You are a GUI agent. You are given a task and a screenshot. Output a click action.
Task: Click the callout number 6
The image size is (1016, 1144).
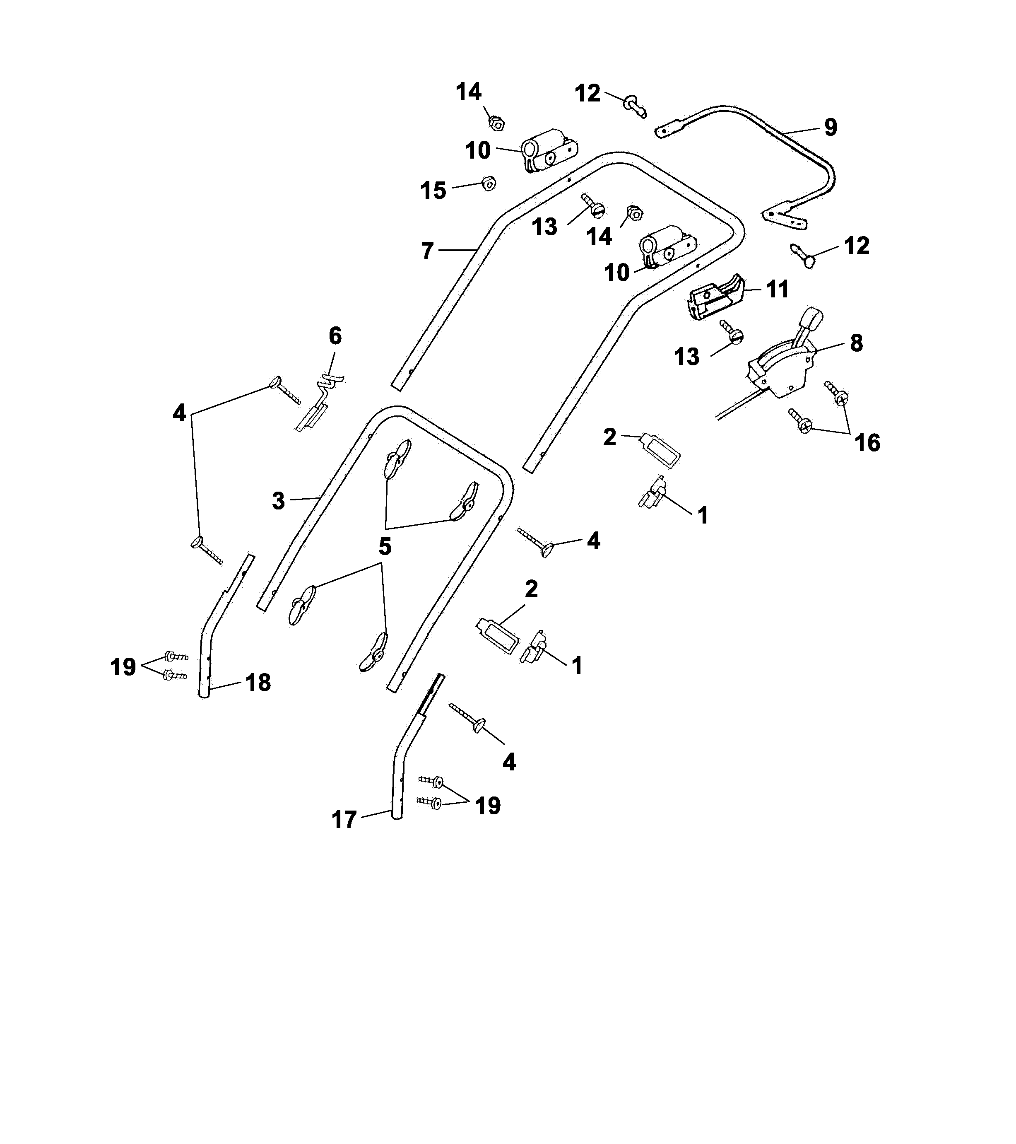[x=335, y=336]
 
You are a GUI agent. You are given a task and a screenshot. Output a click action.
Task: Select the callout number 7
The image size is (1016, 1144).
[x=427, y=251]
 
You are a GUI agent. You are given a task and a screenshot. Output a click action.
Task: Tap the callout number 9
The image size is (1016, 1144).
[x=831, y=127]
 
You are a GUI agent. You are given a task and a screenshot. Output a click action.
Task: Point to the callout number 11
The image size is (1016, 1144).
[x=777, y=290]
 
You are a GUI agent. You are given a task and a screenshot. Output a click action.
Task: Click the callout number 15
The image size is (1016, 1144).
[x=433, y=191]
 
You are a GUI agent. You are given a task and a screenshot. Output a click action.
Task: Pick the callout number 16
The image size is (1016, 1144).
[x=867, y=443]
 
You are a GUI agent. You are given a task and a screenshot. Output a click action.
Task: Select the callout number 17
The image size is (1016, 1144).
[x=344, y=820]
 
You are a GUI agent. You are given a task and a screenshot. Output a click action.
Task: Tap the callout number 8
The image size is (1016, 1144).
[x=856, y=343]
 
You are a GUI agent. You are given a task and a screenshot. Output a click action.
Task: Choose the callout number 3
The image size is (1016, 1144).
[x=278, y=501]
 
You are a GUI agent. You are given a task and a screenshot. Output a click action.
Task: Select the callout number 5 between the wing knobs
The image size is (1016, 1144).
[x=385, y=547]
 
